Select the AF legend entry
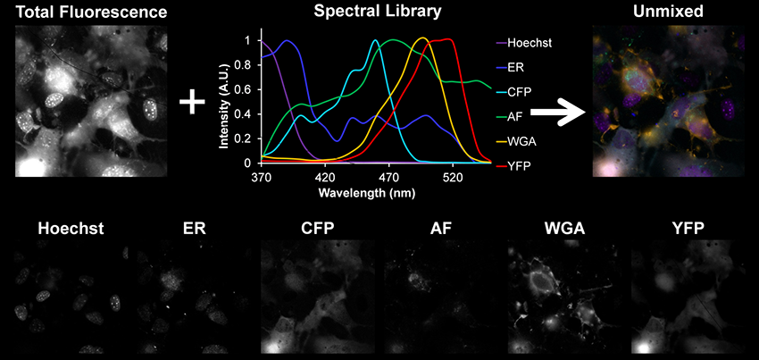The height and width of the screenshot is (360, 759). click(515, 116)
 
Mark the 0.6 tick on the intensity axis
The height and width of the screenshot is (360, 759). click(246, 89)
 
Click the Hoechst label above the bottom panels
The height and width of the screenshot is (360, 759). click(71, 229)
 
